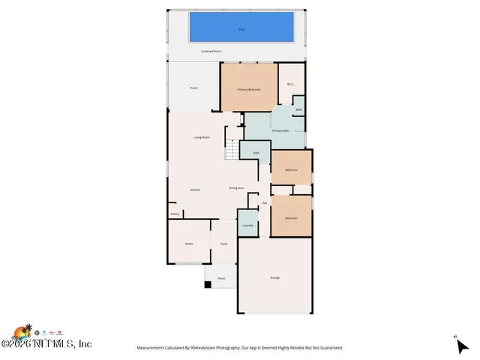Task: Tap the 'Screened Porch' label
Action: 211,52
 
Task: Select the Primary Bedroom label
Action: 249,89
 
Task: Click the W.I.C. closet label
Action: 289,84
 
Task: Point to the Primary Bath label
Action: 280,131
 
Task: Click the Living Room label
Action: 202,137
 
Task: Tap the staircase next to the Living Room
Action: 232,151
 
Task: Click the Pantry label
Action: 175,214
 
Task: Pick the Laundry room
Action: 247,225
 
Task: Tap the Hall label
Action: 265,203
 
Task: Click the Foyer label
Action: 223,244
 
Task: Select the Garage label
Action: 275,277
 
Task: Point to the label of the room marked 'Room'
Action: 190,244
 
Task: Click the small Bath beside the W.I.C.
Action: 298,109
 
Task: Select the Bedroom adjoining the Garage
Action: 291,218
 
